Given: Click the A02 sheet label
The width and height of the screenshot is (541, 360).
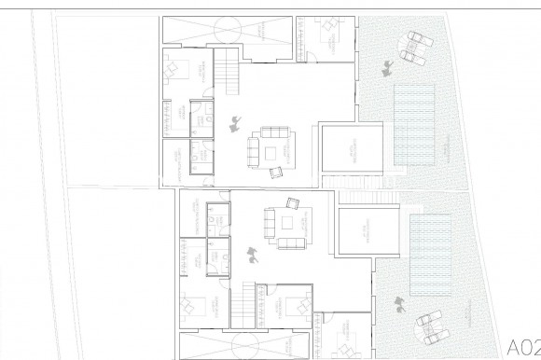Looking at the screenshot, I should tap(522, 342).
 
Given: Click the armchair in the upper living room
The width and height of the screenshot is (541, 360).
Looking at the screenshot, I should tap(276, 171).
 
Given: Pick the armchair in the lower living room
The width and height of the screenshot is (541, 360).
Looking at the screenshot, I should tap(292, 202).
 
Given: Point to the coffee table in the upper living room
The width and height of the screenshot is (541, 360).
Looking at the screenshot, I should tap(271, 151).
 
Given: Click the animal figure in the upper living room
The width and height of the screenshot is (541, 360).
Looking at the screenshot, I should tap(232, 122).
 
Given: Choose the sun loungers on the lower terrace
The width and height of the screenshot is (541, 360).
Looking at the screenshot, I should tap(432, 324).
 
